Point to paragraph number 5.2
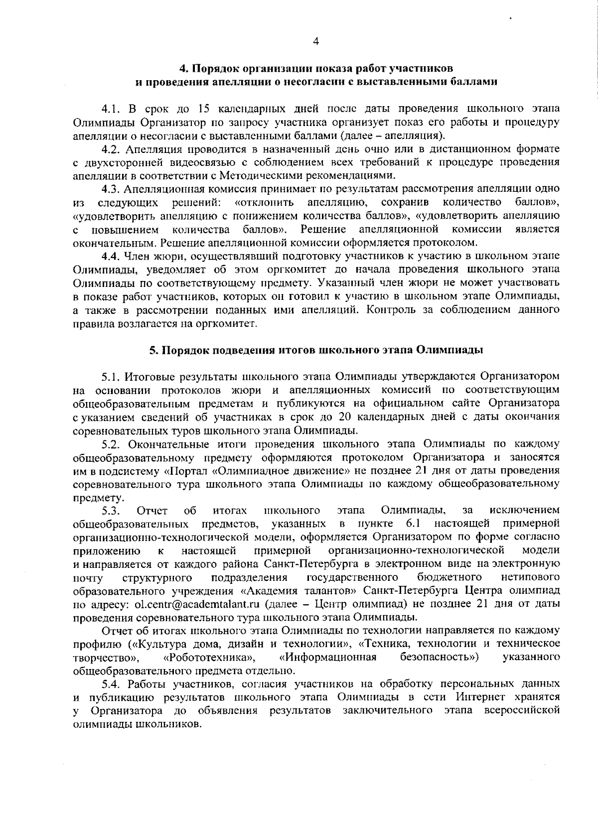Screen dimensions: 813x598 pos(111,444)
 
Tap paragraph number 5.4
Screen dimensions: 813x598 pos(111,683)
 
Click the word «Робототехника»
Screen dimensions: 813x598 pos(209,657)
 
